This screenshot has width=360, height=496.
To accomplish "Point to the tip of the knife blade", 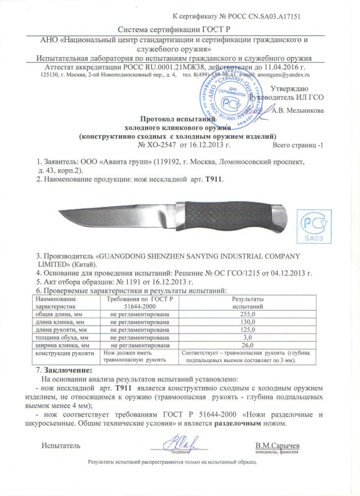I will point(60,213).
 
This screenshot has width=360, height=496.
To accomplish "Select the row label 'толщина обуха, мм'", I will point(61,337).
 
